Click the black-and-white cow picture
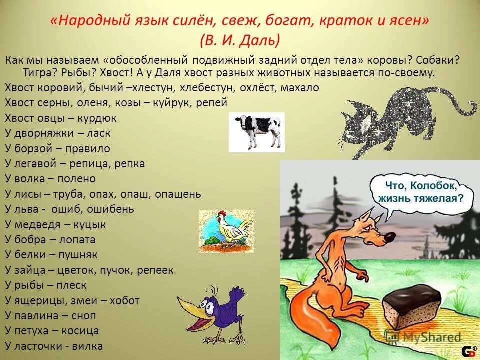pyautogui.click(x=256, y=132)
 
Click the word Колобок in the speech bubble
pyautogui.click(x=431, y=185)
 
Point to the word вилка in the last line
pyautogui.click(x=87, y=346)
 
